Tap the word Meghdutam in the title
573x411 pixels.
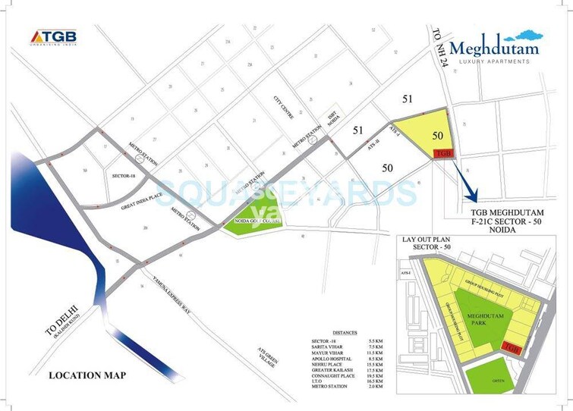coord(494,48)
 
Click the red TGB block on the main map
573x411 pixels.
coord(445,153)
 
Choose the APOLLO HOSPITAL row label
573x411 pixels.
coord(330,357)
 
